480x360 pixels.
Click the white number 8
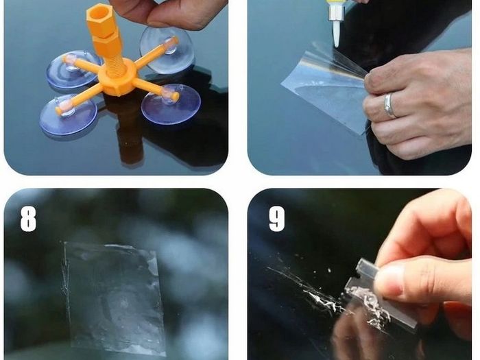(x=28, y=219)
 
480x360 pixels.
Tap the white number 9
(x=277, y=219)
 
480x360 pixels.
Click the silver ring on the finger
(x=389, y=106)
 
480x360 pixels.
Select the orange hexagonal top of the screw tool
(x=100, y=21)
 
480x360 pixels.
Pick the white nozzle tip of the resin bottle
(x=337, y=32)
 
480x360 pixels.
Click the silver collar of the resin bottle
(x=335, y=12)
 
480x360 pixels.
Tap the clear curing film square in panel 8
(x=114, y=298)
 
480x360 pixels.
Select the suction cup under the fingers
(x=167, y=49)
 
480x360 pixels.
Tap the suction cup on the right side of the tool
(x=171, y=104)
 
